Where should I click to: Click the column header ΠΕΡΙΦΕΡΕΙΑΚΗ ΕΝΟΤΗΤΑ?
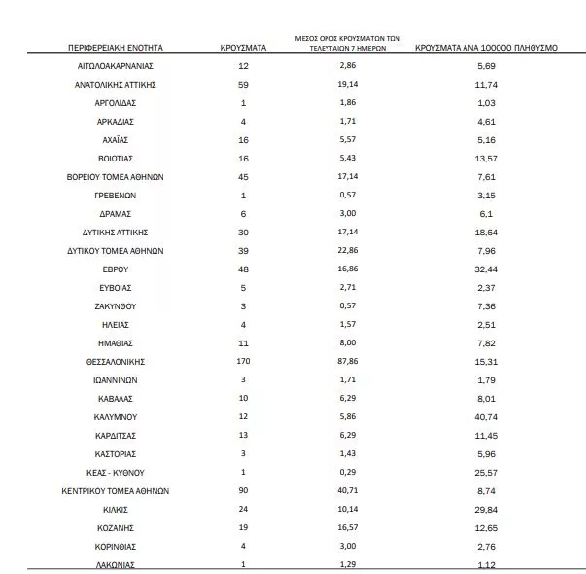(116, 47)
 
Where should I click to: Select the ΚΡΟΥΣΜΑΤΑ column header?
(242, 47)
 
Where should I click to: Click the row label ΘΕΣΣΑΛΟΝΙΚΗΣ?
(116, 361)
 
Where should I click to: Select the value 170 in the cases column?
(242, 361)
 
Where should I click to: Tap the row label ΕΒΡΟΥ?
(116, 269)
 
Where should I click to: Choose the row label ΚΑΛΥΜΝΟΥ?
(116, 416)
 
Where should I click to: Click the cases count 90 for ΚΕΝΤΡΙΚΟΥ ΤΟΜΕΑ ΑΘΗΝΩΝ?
(242, 490)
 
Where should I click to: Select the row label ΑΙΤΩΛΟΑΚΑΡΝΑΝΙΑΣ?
(116, 65)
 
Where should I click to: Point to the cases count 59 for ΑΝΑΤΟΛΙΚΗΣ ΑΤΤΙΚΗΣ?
(242, 84)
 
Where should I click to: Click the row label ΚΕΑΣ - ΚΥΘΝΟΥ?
(116, 472)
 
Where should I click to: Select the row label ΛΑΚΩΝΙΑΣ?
(116, 564)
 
